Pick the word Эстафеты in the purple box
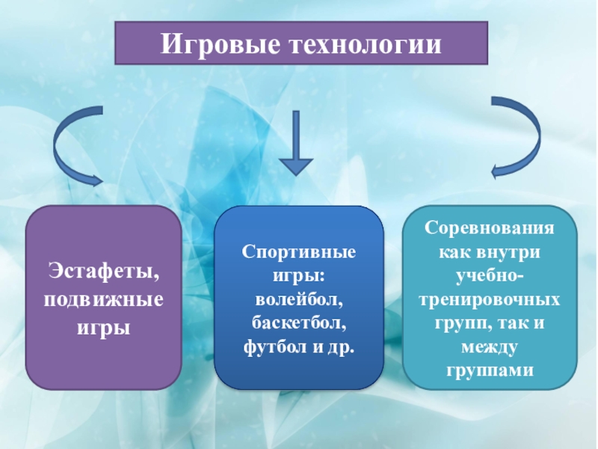coord(104,269)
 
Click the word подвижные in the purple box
coord(104,299)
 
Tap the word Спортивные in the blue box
coord(299,251)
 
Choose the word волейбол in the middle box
coord(299,299)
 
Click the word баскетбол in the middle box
coord(299,323)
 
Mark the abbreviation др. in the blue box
coord(340,347)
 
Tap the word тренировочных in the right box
coord(490,299)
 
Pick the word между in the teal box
coord(490,346)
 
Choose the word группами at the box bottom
coord(490,370)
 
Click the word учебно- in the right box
coord(490,275)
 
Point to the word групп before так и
coord(453,323)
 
